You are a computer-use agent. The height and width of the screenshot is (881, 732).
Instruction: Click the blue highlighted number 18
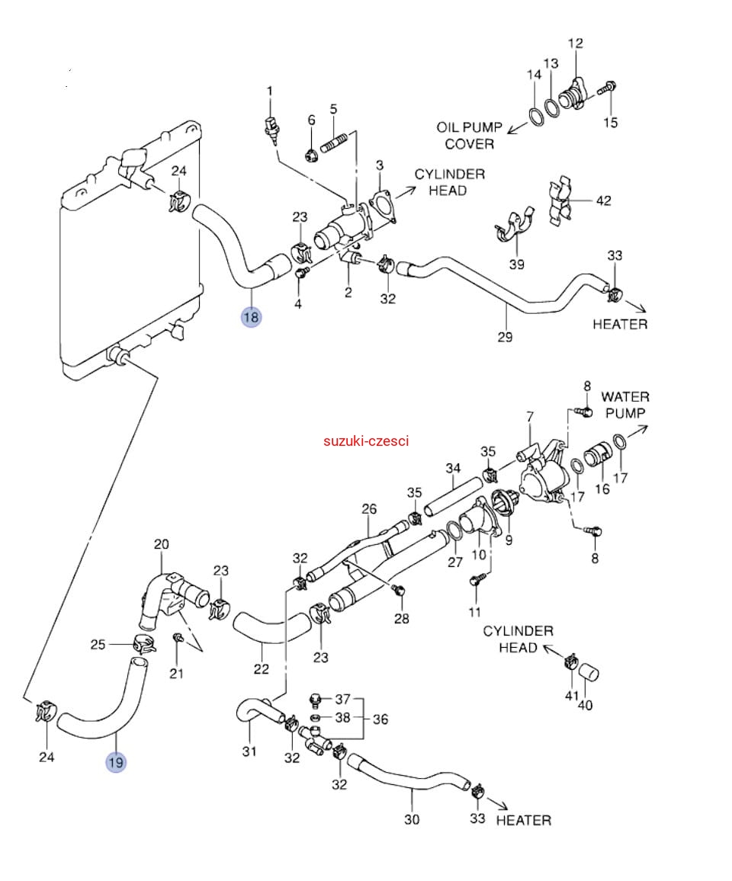tap(251, 316)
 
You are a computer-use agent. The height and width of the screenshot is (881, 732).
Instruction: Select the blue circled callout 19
tap(116, 761)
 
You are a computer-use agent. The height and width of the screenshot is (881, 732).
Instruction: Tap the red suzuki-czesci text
tap(366, 440)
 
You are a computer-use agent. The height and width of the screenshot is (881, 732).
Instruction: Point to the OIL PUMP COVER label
tap(469, 135)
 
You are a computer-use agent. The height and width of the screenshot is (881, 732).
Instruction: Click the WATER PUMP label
tap(624, 405)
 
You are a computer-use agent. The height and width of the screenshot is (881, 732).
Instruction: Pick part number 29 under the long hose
tap(505, 337)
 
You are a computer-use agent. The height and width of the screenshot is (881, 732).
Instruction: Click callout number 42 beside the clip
tap(603, 201)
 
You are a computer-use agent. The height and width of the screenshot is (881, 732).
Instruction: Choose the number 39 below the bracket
tap(517, 264)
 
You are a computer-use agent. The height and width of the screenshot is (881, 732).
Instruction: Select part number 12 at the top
tap(575, 43)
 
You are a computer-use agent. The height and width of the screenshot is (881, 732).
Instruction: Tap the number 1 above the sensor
tap(269, 91)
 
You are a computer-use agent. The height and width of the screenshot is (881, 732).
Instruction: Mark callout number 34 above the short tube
tap(454, 468)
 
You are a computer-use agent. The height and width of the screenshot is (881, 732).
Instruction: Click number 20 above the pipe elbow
tap(161, 544)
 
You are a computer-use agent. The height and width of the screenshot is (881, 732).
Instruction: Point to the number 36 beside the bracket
tap(380, 719)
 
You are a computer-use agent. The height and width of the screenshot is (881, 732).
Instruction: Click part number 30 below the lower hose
tap(412, 820)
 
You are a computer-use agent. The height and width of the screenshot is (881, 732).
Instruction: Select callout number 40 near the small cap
tap(585, 705)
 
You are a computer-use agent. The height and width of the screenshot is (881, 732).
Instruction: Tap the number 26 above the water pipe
tap(369, 508)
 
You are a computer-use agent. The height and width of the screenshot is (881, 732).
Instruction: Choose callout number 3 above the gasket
tap(380, 166)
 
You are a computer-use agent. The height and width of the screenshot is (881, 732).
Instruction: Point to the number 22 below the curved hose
tap(262, 669)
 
